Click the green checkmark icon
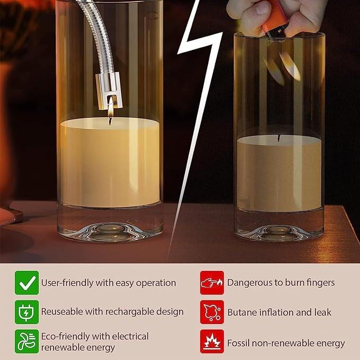pyautogui.click(x=27, y=283)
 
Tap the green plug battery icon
pyautogui.click(x=27, y=312)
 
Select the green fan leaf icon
pyautogui.click(x=27, y=341)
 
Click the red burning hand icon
pyautogui.click(x=212, y=283)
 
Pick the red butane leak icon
pyautogui.click(x=212, y=312)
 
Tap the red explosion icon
pyautogui.click(x=212, y=341)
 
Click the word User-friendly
pyautogui.click(x=67, y=283)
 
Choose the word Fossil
pyautogui.click(x=240, y=343)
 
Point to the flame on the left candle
pyautogui.click(x=110, y=109)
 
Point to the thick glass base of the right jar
pyautogui.click(x=278, y=227)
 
